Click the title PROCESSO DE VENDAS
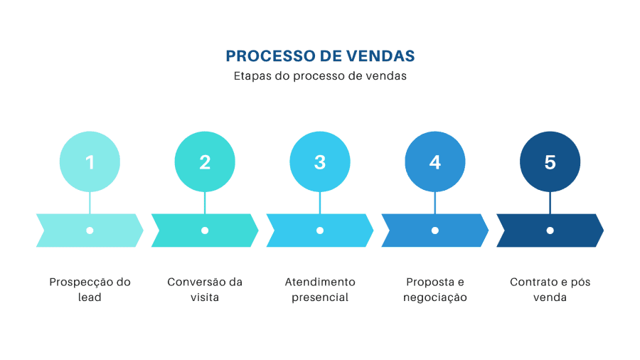coord(320,56)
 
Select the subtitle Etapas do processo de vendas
coord(320,76)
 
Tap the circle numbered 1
coord(90,162)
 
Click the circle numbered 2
coord(205,162)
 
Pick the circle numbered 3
coord(320,162)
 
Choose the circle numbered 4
coord(435,162)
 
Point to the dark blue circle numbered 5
coord(550,162)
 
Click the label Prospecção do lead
coord(90,290)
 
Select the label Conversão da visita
coord(205,290)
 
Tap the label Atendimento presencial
coord(320,290)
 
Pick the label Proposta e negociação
coord(435,290)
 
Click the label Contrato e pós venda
coord(550,290)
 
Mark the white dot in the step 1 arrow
coord(90,231)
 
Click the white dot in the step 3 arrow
coord(320,231)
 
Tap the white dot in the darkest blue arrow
coord(550,231)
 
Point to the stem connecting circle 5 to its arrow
coord(550,203)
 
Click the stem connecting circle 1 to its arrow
coord(90,203)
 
